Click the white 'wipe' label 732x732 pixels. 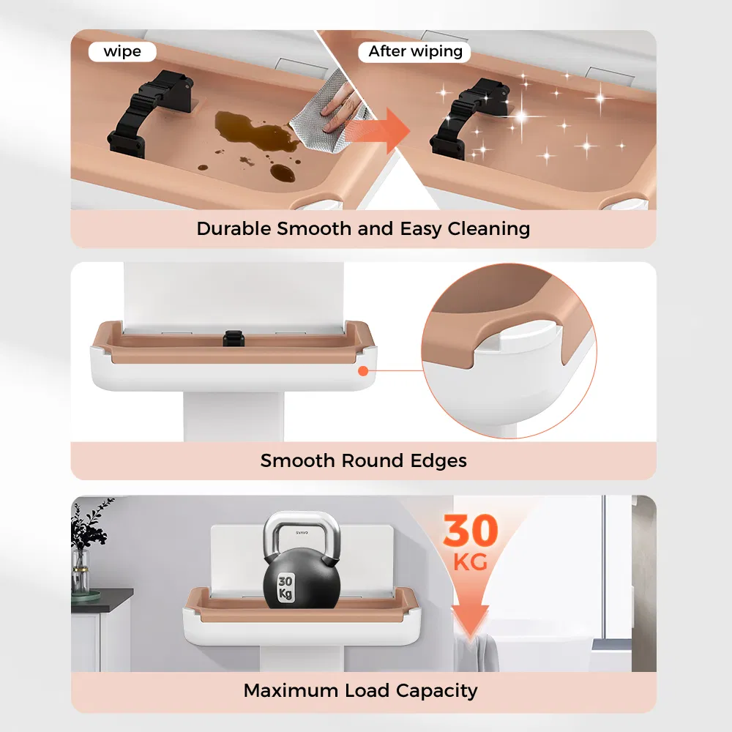point(122,51)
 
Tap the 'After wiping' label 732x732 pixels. point(415,51)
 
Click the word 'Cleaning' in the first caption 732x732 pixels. point(489,228)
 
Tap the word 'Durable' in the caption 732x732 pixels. point(234,228)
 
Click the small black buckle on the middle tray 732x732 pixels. point(234,337)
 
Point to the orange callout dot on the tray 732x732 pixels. point(363,370)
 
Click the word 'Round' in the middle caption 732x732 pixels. point(373,460)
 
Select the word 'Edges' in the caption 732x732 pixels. point(438,461)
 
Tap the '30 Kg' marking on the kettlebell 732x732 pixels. point(285,588)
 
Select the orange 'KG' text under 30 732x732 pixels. point(471,561)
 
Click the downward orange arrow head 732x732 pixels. point(470,620)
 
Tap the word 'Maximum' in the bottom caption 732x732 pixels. point(291,690)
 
